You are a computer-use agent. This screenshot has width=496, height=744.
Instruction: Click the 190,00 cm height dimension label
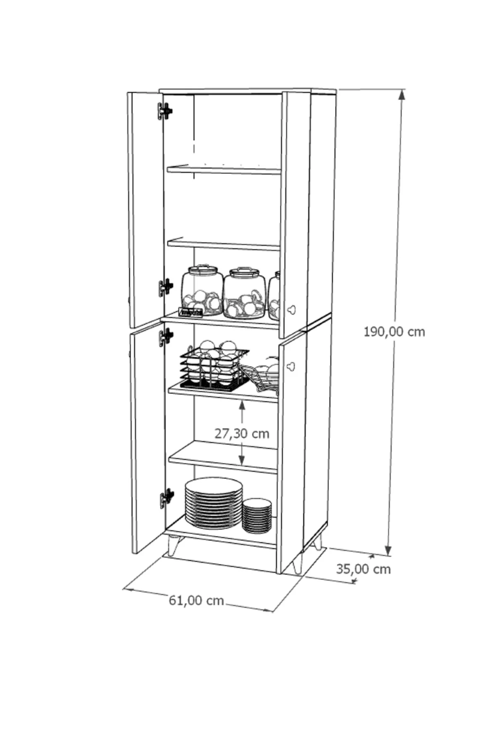coord(394,331)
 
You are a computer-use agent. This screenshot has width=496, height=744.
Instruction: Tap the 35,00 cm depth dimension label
coord(363,569)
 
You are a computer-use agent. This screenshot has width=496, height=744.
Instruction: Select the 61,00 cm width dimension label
coord(196,600)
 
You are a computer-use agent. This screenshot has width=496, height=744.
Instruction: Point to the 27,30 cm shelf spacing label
coord(242,433)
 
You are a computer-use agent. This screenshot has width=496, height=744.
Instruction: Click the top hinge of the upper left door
coord(165,111)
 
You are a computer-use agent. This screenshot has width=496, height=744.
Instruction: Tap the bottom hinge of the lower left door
coord(167,498)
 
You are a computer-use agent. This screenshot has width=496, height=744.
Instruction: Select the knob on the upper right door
coord(291,309)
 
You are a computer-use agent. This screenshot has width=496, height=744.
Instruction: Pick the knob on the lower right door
coord(291,365)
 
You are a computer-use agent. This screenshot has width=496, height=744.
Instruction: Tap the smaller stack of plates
coord(257,515)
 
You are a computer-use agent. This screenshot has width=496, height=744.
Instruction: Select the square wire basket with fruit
coord(214,366)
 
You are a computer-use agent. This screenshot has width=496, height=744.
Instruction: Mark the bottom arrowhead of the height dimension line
coord(388,549)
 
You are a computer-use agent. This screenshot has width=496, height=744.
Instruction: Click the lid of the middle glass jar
coord(244,271)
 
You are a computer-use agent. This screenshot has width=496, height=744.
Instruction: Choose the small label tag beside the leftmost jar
coord(191,312)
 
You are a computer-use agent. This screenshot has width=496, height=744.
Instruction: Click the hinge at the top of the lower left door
coord(166,337)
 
